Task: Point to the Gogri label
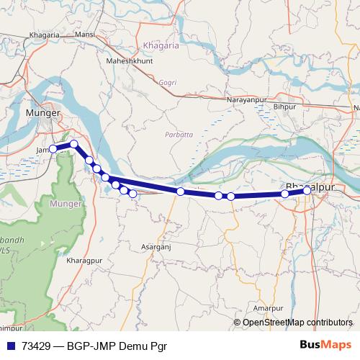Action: (x=167, y=83)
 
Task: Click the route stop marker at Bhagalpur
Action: (x=307, y=190)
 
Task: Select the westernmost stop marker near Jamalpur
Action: (x=53, y=149)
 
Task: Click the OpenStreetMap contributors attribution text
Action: (x=297, y=323)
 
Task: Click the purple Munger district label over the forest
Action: (x=66, y=204)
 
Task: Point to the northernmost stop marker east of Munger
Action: (x=73, y=145)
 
